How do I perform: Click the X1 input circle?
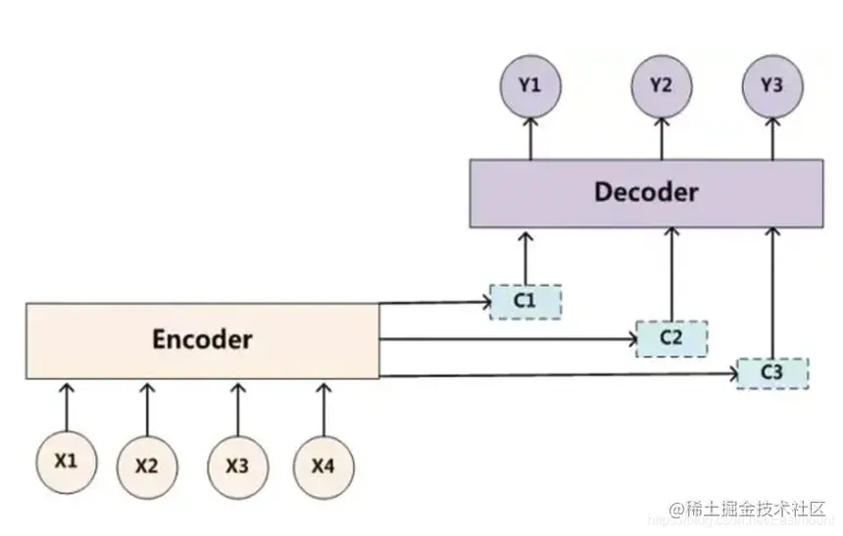[x=66, y=460]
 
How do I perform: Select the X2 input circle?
[x=146, y=465]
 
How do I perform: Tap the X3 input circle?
[x=236, y=465]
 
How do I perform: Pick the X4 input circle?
[x=322, y=465]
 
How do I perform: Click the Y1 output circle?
[x=530, y=86]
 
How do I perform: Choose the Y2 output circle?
[x=661, y=86]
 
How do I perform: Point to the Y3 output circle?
[x=771, y=86]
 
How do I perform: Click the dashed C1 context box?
[x=525, y=301]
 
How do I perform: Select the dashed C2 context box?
[x=671, y=338]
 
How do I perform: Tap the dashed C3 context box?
[x=772, y=373]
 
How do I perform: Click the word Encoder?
[x=202, y=340]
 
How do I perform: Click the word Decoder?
[x=646, y=191]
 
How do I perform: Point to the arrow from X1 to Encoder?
[x=67, y=405]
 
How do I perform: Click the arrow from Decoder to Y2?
[x=661, y=138]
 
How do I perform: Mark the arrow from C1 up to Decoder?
[x=525, y=257]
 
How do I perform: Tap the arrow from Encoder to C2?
[x=506, y=340]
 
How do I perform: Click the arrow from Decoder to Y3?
[x=772, y=138]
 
